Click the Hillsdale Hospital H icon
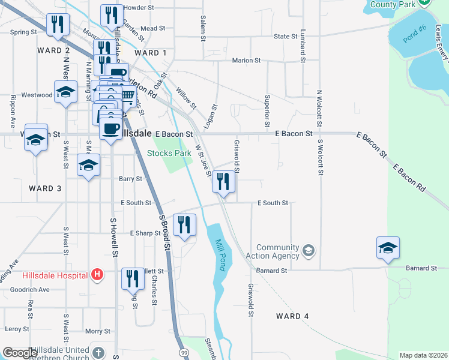98,275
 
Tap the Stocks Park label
169,153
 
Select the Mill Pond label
219,256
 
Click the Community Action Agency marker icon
309,250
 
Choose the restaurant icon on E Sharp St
184,225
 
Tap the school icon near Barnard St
388,247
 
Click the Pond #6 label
414,34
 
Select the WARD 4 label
292,316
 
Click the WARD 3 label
45,188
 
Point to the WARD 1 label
151,53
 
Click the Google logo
19,353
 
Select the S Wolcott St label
321,157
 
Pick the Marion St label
246,61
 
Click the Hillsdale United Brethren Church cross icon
98,352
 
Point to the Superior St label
268,106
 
